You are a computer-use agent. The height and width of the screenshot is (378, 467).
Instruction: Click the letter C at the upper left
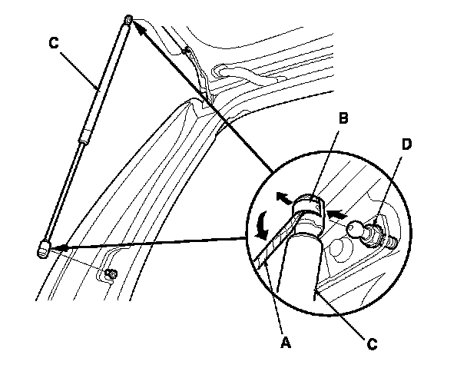[53, 44]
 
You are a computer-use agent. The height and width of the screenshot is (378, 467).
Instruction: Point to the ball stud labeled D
[359, 229]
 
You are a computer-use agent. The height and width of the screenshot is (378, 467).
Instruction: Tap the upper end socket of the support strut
[128, 19]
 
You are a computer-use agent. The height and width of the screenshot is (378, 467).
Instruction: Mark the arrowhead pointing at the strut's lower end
[60, 247]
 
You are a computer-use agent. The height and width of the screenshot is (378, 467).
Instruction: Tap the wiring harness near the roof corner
[196, 73]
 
